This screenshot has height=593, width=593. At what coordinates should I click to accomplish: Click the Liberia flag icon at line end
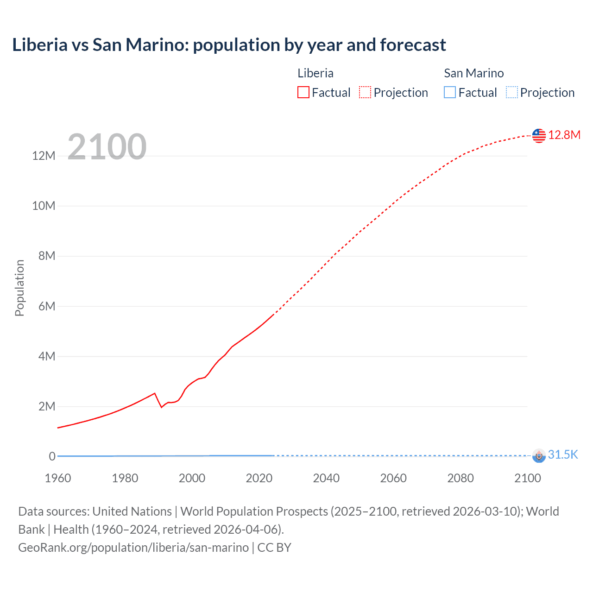(x=539, y=135)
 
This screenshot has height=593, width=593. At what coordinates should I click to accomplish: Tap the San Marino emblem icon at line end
(x=539, y=455)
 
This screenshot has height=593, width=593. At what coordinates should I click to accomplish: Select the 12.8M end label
(x=564, y=135)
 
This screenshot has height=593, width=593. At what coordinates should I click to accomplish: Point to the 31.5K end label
(x=563, y=454)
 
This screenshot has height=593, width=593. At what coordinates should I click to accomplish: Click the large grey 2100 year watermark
(x=107, y=147)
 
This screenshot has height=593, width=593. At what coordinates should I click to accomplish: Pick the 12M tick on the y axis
(x=44, y=156)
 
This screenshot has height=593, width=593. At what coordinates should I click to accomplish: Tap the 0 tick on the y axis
(x=52, y=456)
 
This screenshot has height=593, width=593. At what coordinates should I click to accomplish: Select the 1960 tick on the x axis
(x=58, y=478)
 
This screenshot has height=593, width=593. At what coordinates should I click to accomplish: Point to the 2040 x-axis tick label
(x=326, y=478)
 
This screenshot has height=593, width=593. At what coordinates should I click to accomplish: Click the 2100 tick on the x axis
(x=527, y=478)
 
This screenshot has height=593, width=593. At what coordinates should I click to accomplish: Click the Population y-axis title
(x=19, y=288)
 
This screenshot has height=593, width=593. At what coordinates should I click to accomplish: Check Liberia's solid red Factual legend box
(x=303, y=93)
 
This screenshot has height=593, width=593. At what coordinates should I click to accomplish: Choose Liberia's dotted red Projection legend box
(x=365, y=93)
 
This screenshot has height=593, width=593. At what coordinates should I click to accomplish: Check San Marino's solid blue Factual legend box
(x=450, y=93)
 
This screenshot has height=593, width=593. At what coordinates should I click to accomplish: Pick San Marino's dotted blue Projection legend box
(x=511, y=93)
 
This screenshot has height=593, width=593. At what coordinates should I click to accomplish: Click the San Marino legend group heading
(x=473, y=73)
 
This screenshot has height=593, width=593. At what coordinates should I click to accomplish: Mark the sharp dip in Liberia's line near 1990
(x=161, y=407)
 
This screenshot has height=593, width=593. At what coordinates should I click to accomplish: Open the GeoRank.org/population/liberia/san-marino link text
(x=133, y=548)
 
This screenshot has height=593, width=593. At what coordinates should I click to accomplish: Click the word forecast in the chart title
(x=413, y=45)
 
